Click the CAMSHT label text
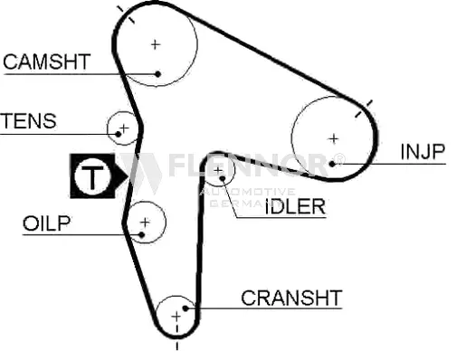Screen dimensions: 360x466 pos(46,62)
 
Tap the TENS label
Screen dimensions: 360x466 pos(28,120)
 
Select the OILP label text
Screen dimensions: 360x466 pos(46,223)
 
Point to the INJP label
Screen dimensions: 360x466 pos(423,150)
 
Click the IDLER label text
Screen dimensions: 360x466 pos(295,206)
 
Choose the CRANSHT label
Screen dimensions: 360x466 pos(291,297)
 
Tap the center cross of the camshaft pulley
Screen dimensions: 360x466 pos(156,43)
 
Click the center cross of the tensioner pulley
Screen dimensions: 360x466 pos(124,127)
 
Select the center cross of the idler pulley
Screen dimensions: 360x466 pos(220,167)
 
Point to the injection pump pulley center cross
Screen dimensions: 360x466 pos(333,138)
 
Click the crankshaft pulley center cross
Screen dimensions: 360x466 pos(176,316)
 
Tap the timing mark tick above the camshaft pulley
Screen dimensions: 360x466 pos(127,13)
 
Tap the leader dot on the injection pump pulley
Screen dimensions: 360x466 pos(334,163)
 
